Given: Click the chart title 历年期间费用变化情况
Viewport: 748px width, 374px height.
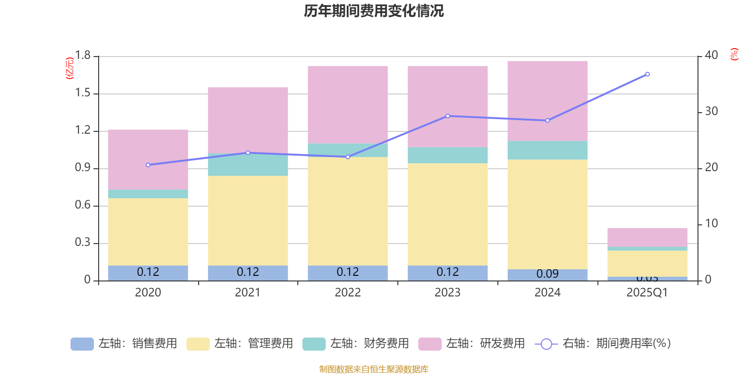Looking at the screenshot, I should (374, 11).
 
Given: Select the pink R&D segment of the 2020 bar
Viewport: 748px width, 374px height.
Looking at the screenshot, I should (148, 159).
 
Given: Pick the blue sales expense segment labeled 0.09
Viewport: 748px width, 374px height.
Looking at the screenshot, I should (547, 274).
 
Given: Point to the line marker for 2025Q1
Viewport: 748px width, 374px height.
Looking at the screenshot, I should (647, 74).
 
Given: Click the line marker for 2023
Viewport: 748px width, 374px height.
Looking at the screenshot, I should (448, 116).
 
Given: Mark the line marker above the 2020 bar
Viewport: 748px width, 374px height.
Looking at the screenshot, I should (148, 165).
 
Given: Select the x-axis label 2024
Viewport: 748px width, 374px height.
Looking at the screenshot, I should (547, 293).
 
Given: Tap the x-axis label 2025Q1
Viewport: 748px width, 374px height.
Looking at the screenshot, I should (647, 293).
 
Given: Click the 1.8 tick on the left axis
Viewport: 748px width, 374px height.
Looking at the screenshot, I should (83, 56).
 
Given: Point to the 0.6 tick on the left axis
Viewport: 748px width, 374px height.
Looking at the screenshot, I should (83, 205).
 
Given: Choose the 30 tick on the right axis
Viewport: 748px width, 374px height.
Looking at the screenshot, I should (712, 111).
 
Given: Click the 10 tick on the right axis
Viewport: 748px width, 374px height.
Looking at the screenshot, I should (712, 223).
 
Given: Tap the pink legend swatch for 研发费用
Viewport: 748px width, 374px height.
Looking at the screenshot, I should (430, 344).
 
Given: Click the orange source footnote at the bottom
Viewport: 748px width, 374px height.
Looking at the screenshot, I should (374, 369).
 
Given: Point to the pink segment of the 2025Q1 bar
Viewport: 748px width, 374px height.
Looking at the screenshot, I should (647, 237).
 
